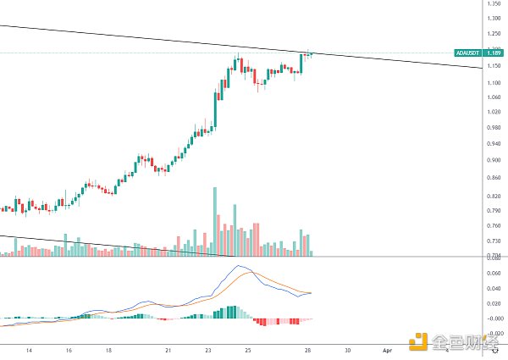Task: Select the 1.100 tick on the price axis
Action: tap(493, 81)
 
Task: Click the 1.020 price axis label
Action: tap(493, 113)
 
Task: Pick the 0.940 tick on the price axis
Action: tap(493, 143)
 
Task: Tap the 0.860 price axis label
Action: tap(493, 177)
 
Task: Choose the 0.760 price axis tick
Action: tap(493, 226)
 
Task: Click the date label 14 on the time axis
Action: tap(29, 350)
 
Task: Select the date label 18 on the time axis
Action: tap(109, 350)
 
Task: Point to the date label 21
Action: tap(168, 350)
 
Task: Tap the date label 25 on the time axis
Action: tap(247, 350)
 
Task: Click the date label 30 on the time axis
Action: tap(347, 350)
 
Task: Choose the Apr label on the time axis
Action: tap(387, 350)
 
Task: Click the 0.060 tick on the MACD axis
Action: tap(493, 273)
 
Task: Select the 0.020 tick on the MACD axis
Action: tap(493, 303)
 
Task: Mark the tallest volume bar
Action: tap(215, 220)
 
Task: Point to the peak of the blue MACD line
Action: tap(239, 266)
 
